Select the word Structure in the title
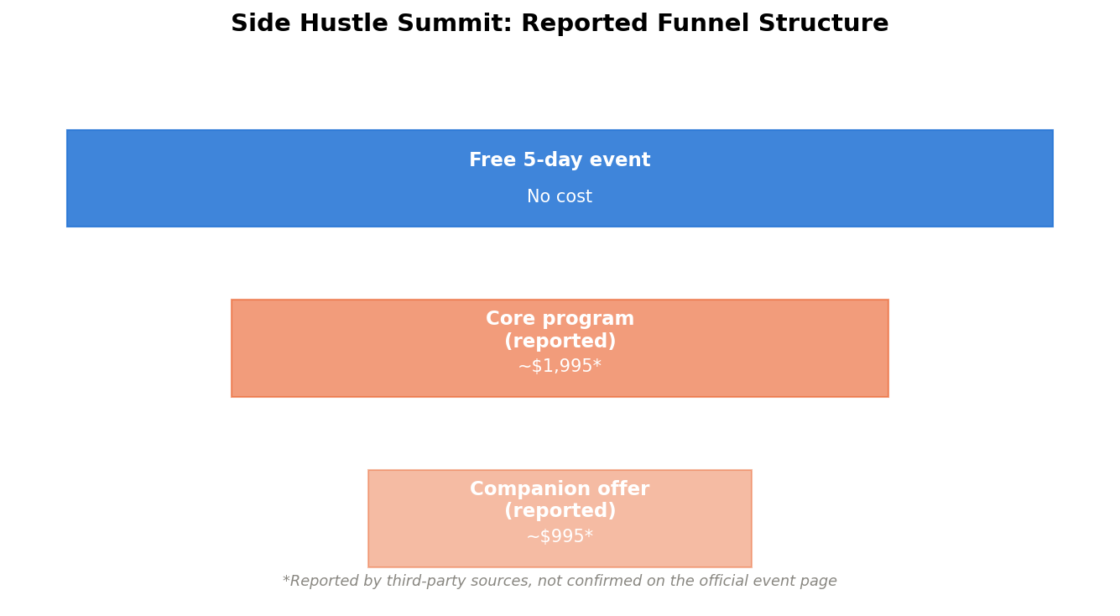click(824, 23)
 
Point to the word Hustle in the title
click(344, 23)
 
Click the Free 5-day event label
click(560, 160)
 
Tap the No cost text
click(560, 196)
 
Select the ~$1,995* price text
click(560, 366)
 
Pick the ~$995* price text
click(560, 536)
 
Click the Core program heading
click(560, 319)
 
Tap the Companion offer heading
click(560, 488)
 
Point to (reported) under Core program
click(560, 341)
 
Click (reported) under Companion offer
click(560, 511)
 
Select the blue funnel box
click(560, 179)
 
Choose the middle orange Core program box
click(560, 348)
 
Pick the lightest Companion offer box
click(560, 519)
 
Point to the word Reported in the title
click(585, 23)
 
